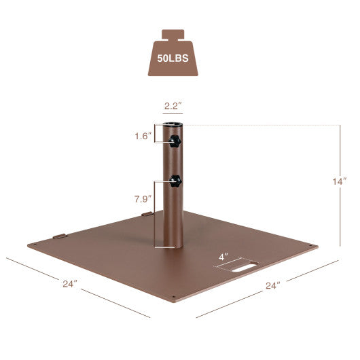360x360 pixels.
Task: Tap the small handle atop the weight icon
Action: click(x=173, y=34)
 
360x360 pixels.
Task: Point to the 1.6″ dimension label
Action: click(x=143, y=135)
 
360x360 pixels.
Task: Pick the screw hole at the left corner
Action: click(x=31, y=244)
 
